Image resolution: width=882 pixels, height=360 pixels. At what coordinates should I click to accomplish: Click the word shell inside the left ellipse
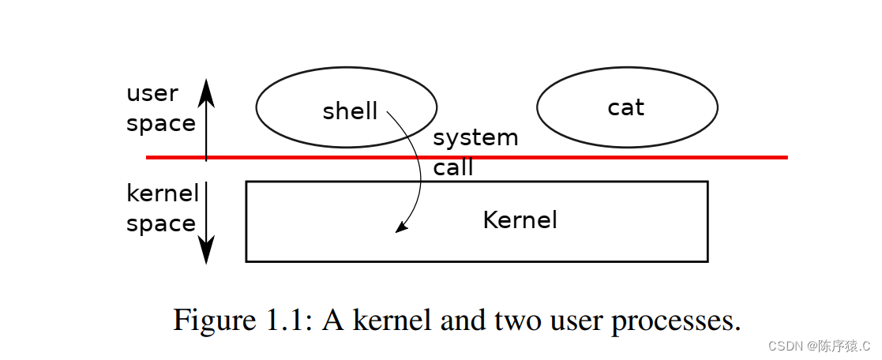[x=350, y=111]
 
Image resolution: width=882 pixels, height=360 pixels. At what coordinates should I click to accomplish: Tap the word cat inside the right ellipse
[x=626, y=107]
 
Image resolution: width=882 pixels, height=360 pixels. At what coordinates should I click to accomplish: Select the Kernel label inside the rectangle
[x=520, y=219]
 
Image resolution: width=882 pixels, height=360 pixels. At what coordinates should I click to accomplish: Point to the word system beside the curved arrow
[x=475, y=138]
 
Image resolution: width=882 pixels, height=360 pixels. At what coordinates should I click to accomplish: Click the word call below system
[x=453, y=167]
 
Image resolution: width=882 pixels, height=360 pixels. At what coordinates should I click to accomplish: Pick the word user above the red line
[x=152, y=94]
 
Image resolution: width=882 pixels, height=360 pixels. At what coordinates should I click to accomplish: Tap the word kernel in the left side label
[x=163, y=193]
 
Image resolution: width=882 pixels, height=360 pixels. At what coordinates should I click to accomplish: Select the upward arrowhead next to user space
[x=206, y=88]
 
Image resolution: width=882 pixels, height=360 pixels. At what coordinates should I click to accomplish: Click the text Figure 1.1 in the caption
[x=242, y=321]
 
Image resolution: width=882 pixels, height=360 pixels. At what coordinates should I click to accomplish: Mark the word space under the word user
[x=161, y=124]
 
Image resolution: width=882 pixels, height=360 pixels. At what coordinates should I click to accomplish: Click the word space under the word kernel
[x=161, y=224]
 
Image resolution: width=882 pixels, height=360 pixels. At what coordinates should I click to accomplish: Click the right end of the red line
[x=785, y=157]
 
